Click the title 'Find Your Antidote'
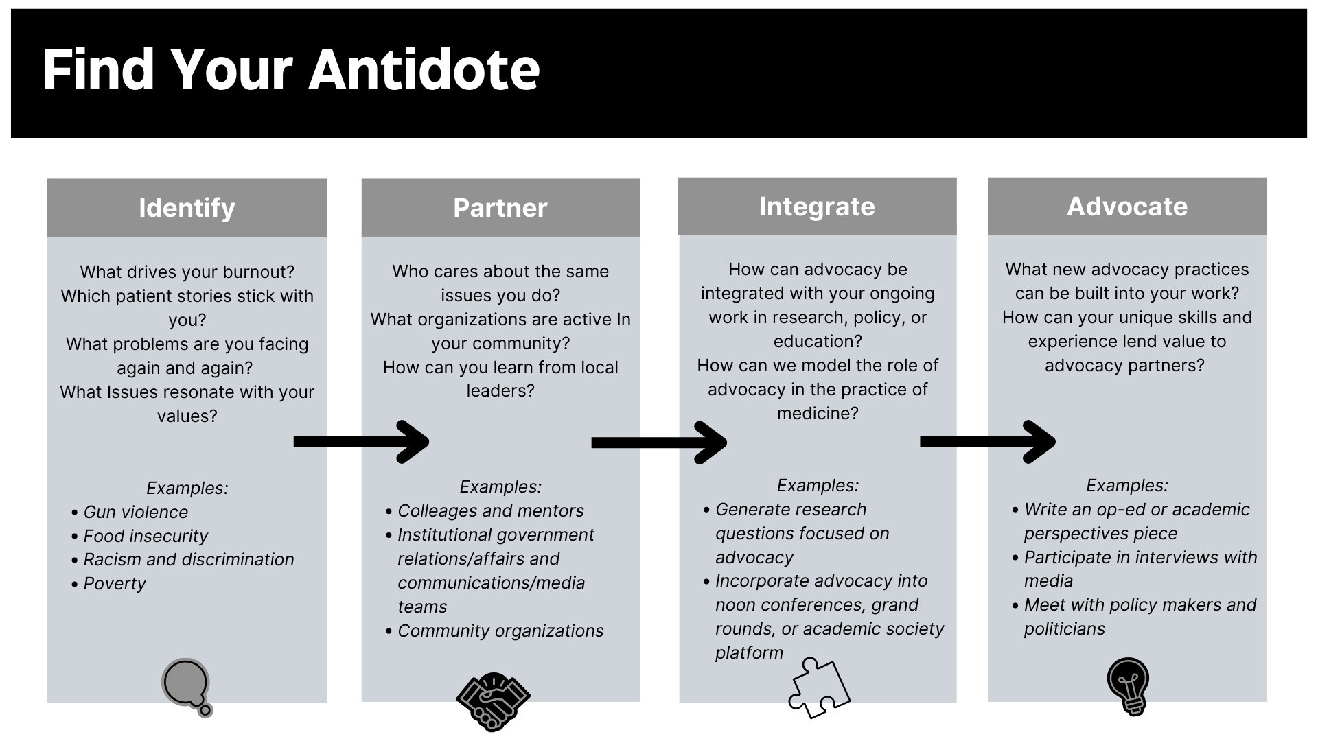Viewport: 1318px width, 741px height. pyautogui.click(x=291, y=70)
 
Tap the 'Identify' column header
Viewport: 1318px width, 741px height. pyautogui.click(x=187, y=208)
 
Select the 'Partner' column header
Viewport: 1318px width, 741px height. pyautogui.click(x=500, y=208)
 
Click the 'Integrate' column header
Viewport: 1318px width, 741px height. pyautogui.click(x=817, y=207)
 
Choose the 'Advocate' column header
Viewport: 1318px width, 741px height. pyautogui.click(x=1126, y=207)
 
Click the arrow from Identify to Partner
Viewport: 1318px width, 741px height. pyautogui.click(x=361, y=442)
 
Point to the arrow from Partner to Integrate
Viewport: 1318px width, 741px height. pyautogui.click(x=659, y=443)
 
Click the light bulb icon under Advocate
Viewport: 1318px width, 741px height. pyautogui.click(x=1127, y=686)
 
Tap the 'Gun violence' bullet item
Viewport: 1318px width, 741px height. pyautogui.click(x=135, y=512)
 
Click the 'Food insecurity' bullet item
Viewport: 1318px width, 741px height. pyautogui.click(x=146, y=536)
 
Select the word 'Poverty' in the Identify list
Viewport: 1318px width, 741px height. pyautogui.click(x=115, y=584)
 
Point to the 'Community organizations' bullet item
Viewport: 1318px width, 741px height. pyautogui.click(x=500, y=631)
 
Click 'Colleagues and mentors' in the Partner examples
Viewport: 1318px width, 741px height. pyautogui.click(x=490, y=511)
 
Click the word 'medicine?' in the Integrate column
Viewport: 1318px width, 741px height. pyautogui.click(x=818, y=414)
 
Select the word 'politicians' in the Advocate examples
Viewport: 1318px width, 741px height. pyautogui.click(x=1064, y=629)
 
